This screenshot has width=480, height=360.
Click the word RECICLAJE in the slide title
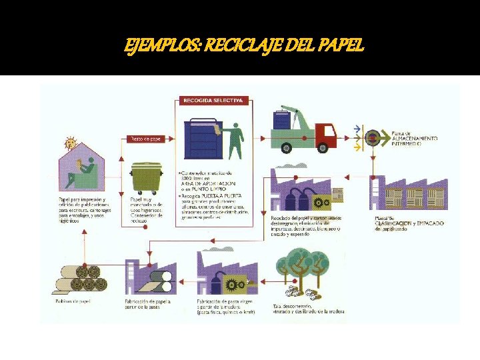tap(252, 45)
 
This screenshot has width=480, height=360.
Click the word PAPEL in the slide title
tap(341, 45)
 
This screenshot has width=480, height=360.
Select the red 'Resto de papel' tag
tap(145, 139)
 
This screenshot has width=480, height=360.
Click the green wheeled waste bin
tap(146, 179)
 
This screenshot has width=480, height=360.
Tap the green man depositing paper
tap(234, 139)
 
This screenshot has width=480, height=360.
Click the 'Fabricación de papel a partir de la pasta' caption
tap(147, 304)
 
